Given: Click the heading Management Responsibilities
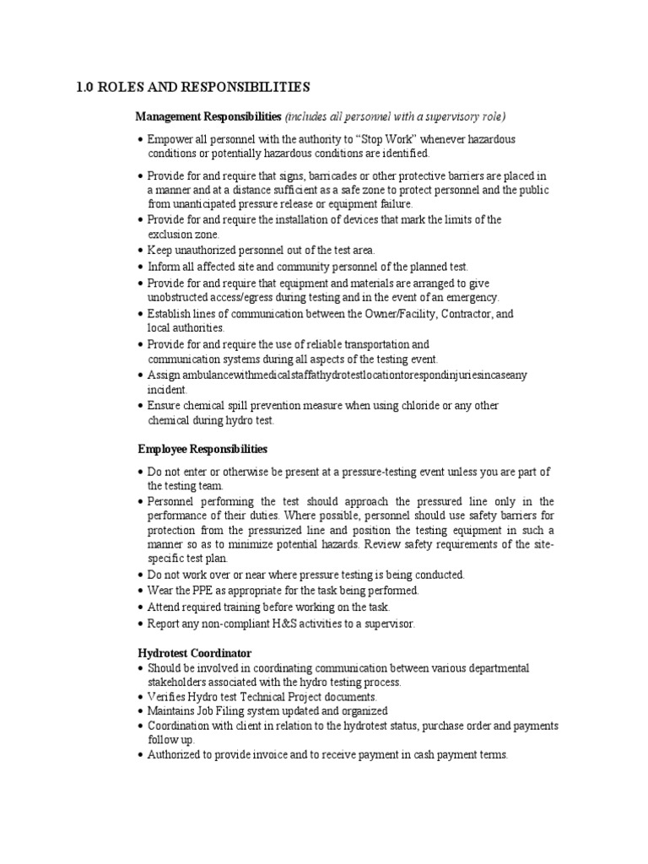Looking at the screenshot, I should coord(208,116).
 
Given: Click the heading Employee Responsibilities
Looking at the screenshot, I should coord(202,449).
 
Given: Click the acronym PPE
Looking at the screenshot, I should coord(207,591).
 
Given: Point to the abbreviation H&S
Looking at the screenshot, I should coord(279,624).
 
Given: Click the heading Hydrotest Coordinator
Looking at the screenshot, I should coord(194,654).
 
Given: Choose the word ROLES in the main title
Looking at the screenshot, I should coord(127,86).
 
